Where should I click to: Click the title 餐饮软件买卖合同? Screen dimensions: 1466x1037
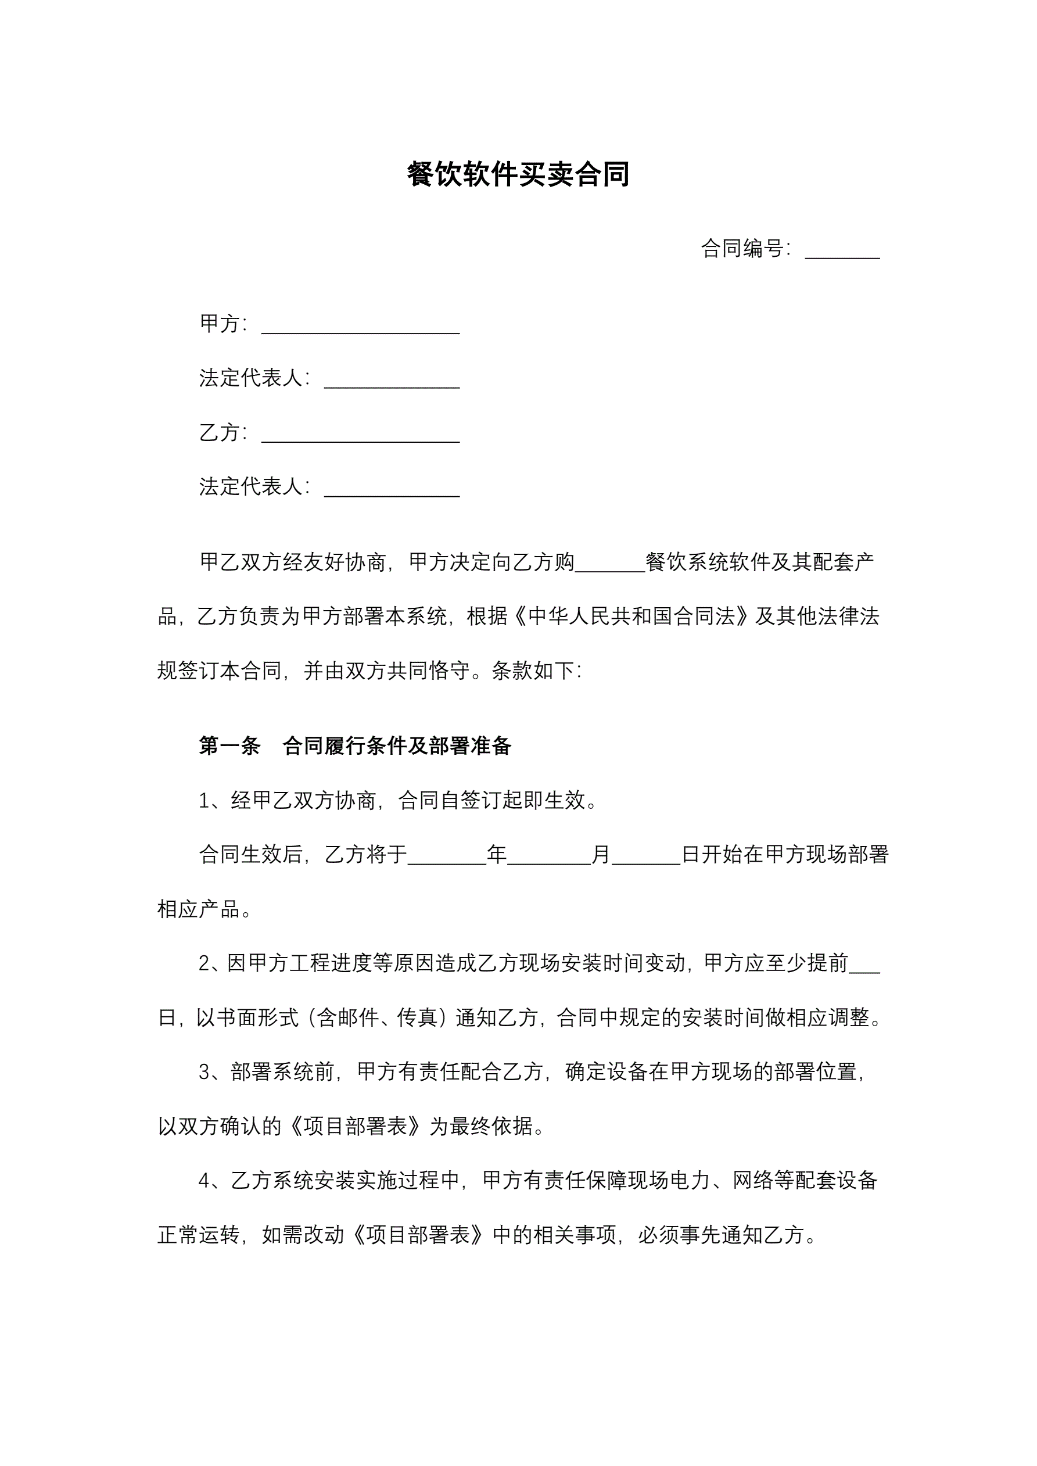(x=518, y=174)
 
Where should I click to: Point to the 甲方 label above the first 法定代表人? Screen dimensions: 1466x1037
(x=220, y=324)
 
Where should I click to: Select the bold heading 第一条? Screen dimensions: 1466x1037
(x=230, y=745)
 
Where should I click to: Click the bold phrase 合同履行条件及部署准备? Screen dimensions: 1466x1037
(x=397, y=745)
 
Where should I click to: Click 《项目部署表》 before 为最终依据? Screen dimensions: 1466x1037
(x=355, y=1126)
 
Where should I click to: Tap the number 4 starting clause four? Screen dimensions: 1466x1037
(x=204, y=1181)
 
